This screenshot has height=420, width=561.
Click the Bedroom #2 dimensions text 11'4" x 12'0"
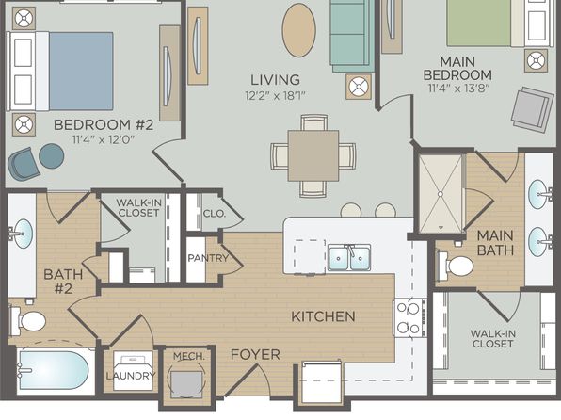click(x=104, y=139)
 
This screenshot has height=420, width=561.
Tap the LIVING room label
click(x=275, y=80)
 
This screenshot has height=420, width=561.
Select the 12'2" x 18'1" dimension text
click(x=275, y=96)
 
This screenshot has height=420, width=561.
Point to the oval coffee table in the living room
click(x=299, y=30)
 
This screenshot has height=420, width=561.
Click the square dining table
click(x=313, y=155)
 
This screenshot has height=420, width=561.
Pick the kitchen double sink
click(x=349, y=258)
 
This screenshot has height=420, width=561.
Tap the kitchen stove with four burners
click(x=410, y=317)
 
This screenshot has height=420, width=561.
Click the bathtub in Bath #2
click(x=54, y=370)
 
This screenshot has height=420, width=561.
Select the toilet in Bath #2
click(x=28, y=321)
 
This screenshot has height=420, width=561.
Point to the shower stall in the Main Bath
click(x=441, y=194)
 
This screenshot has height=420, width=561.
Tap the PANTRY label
click(x=208, y=258)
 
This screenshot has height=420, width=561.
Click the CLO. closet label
click(x=215, y=214)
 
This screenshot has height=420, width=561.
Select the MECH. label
click(x=189, y=356)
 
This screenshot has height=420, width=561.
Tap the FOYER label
click(x=255, y=354)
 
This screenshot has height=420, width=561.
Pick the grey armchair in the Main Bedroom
click(x=533, y=109)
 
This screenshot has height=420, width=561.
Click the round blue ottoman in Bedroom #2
click(x=52, y=156)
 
